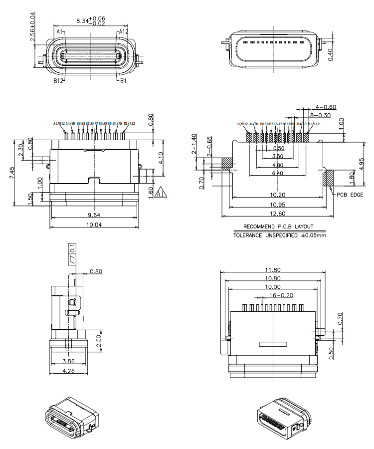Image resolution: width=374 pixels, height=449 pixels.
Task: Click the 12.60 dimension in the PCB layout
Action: tap(278, 214)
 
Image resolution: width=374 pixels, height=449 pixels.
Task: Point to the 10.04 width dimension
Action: tap(94, 225)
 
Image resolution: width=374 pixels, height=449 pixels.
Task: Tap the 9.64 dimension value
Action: tap(94, 216)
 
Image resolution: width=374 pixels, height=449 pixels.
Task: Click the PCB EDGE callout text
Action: tap(350, 195)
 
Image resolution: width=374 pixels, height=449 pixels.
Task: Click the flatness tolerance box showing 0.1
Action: tap(72, 253)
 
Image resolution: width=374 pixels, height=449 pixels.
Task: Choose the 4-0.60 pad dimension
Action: tap(326, 107)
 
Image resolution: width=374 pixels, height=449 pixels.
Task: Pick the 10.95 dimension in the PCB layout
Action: tap(278, 205)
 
